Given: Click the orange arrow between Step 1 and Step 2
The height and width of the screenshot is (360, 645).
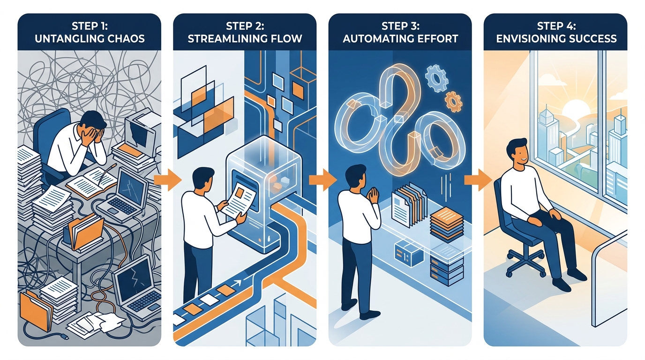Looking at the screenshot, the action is pyautogui.click(x=168, y=180).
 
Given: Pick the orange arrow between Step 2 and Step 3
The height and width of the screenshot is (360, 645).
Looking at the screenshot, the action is pyautogui.click(x=322, y=180).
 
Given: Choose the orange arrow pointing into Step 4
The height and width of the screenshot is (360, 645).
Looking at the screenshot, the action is pyautogui.click(x=478, y=180).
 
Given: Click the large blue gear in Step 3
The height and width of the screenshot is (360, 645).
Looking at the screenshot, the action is pyautogui.click(x=436, y=78).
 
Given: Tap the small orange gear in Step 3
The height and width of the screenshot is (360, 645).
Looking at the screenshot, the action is pyautogui.click(x=453, y=101).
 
